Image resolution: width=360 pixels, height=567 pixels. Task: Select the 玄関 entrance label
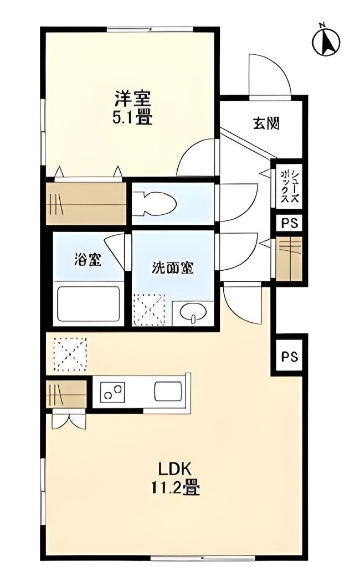point(266,123)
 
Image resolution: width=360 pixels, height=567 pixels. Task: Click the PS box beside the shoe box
point(289,224)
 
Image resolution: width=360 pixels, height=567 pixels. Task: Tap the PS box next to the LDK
point(289,357)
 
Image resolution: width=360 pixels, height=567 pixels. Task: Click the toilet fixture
point(155,203)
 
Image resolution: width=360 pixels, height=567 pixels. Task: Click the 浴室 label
point(88,260)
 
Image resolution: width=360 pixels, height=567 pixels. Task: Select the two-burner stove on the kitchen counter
point(113,393)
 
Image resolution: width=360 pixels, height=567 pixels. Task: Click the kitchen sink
point(167,392)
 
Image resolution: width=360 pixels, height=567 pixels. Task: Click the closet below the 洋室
point(86,203)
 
